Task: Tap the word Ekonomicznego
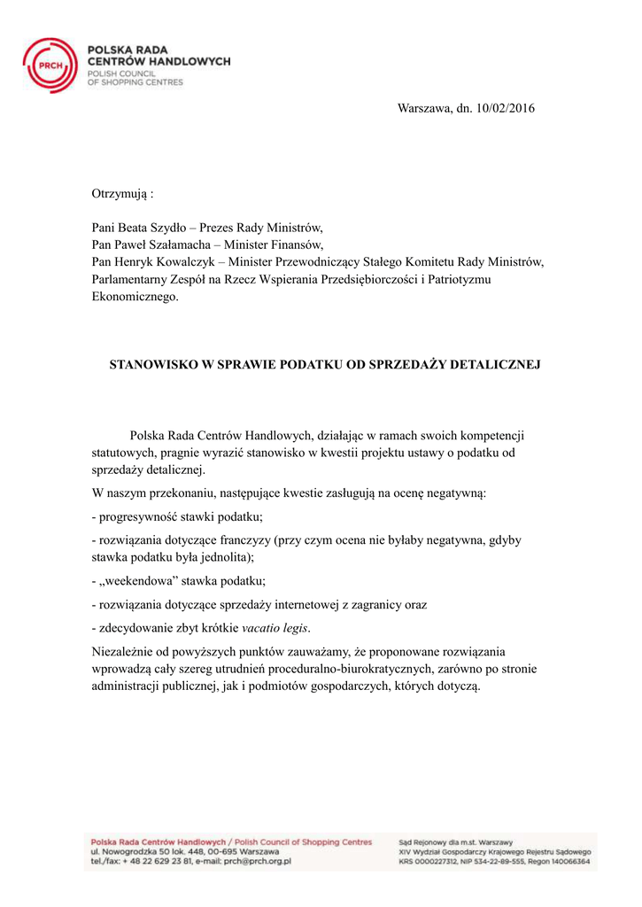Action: (135, 297)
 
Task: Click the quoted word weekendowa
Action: (143, 581)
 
